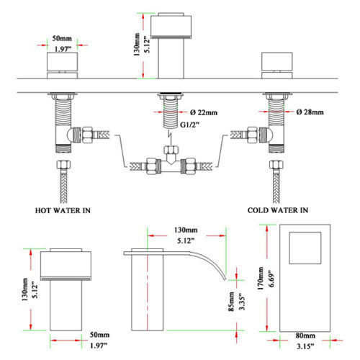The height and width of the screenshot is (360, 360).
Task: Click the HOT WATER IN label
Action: pyautogui.click(x=63, y=210)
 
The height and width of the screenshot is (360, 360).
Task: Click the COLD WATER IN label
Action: pyautogui.click(x=278, y=210)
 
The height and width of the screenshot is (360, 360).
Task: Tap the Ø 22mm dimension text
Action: pyautogui.click(x=204, y=112)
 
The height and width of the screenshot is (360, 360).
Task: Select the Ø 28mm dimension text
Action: pyautogui.click(x=310, y=112)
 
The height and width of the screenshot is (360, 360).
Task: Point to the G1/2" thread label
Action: pyautogui.click(x=190, y=125)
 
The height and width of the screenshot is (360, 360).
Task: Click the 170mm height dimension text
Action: pyautogui.click(x=261, y=279)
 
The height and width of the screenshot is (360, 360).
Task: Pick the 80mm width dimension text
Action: pyautogui.click(x=305, y=336)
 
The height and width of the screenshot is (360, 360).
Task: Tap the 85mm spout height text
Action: pyautogui.click(x=231, y=302)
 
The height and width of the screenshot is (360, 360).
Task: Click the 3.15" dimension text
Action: pyautogui.click(x=305, y=346)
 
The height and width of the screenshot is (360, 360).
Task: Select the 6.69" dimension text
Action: pyautogui.click(x=271, y=279)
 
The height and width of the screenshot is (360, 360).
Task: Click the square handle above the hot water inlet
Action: pyautogui.click(x=62, y=61)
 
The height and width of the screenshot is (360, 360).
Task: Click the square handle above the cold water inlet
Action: pyautogui.click(x=277, y=61)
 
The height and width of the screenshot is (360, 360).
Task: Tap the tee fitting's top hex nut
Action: pyautogui.click(x=171, y=150)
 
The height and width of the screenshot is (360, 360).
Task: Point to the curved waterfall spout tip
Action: pyautogui.click(x=225, y=279)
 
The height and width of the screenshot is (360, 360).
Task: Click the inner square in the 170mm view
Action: pyautogui.click(x=305, y=248)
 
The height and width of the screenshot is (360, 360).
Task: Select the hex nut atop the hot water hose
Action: pyautogui.click(x=63, y=165)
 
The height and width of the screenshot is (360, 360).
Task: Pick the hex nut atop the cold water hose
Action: pyautogui.click(x=276, y=165)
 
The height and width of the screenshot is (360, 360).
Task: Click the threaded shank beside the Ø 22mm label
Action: pyautogui.click(x=171, y=113)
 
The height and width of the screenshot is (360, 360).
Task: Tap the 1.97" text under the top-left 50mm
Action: pyautogui.click(x=63, y=49)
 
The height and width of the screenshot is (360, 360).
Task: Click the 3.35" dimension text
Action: pyautogui.click(x=242, y=302)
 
